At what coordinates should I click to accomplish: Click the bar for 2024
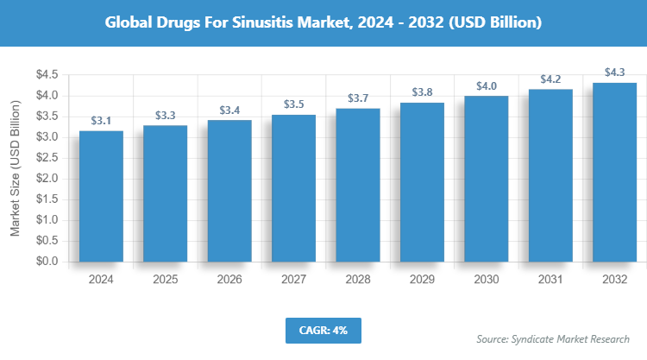pyautogui.click(x=100, y=196)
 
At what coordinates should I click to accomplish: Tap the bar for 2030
pyautogui.click(x=487, y=179)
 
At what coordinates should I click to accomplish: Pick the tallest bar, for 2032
pyautogui.click(x=615, y=172)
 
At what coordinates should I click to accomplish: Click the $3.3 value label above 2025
pyautogui.click(x=165, y=115)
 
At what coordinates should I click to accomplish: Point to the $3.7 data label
pyautogui.click(x=358, y=98)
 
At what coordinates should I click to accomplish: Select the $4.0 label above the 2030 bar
pyautogui.click(x=487, y=85)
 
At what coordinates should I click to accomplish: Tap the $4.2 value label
pyautogui.click(x=550, y=79)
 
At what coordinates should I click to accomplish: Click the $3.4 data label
pyautogui.click(x=229, y=110)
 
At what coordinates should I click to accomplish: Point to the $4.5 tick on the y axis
pyautogui.click(x=46, y=75)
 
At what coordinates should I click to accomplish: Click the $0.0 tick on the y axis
pyautogui.click(x=46, y=262)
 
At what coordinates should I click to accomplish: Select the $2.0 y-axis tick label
pyautogui.click(x=46, y=179)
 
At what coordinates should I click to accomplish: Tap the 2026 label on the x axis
pyautogui.click(x=229, y=280)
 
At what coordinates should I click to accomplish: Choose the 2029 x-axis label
pyautogui.click(x=422, y=280)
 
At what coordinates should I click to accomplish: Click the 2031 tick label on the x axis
pyautogui.click(x=550, y=280)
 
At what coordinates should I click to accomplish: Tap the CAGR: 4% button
pyautogui.click(x=323, y=330)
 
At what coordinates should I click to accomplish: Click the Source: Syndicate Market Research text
pyautogui.click(x=553, y=338)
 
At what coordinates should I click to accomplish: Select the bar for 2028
pyautogui.click(x=358, y=185)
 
